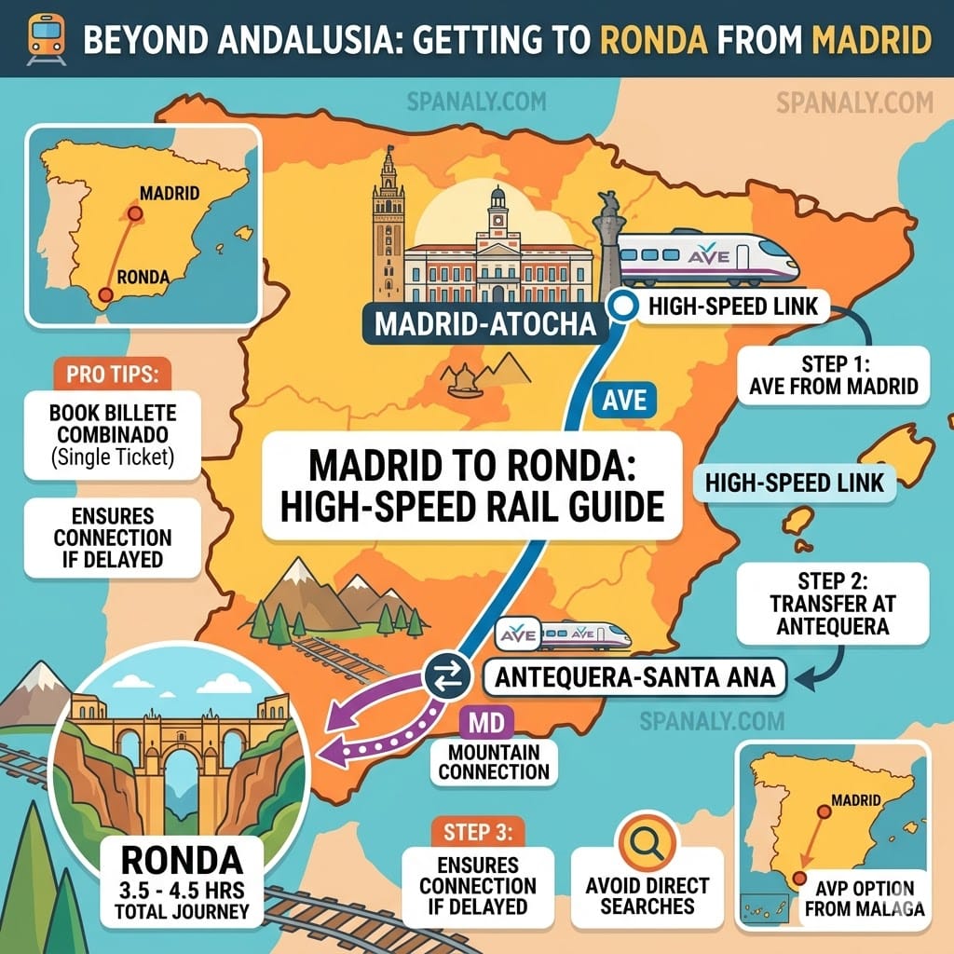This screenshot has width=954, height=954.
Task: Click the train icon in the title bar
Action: click(x=42, y=38)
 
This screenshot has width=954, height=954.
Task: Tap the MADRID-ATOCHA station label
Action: click(x=484, y=323)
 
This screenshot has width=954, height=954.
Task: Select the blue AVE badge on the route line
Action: click(x=624, y=402)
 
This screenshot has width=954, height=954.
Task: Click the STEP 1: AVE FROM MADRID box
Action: click(x=834, y=375)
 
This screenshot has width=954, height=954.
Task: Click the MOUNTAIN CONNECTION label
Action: click(x=494, y=761)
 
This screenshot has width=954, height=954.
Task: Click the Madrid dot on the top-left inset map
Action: click(x=134, y=213)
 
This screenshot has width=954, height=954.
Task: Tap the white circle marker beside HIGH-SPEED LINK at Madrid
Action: click(x=621, y=304)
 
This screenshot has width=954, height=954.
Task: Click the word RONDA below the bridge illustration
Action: click(x=183, y=857)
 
